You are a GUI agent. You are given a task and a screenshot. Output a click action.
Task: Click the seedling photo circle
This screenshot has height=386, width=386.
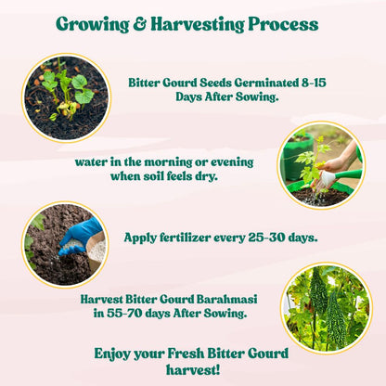point(65,96)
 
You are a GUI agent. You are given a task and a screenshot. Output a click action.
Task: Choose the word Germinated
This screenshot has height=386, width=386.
point(267,83)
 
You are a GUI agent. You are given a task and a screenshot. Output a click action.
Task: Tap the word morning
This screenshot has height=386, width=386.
point(174,160)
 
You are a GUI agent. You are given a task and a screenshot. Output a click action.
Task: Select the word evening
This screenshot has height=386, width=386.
point(237,160)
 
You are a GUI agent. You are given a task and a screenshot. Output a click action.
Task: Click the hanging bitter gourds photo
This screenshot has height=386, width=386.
point(325,306)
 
